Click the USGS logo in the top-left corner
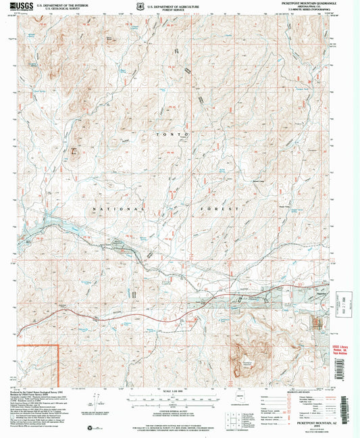click(x=19, y=5)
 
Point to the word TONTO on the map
click(x=172, y=136)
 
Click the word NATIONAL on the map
click(x=116, y=210)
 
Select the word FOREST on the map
click(x=220, y=210)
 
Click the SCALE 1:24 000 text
click(x=174, y=391)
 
